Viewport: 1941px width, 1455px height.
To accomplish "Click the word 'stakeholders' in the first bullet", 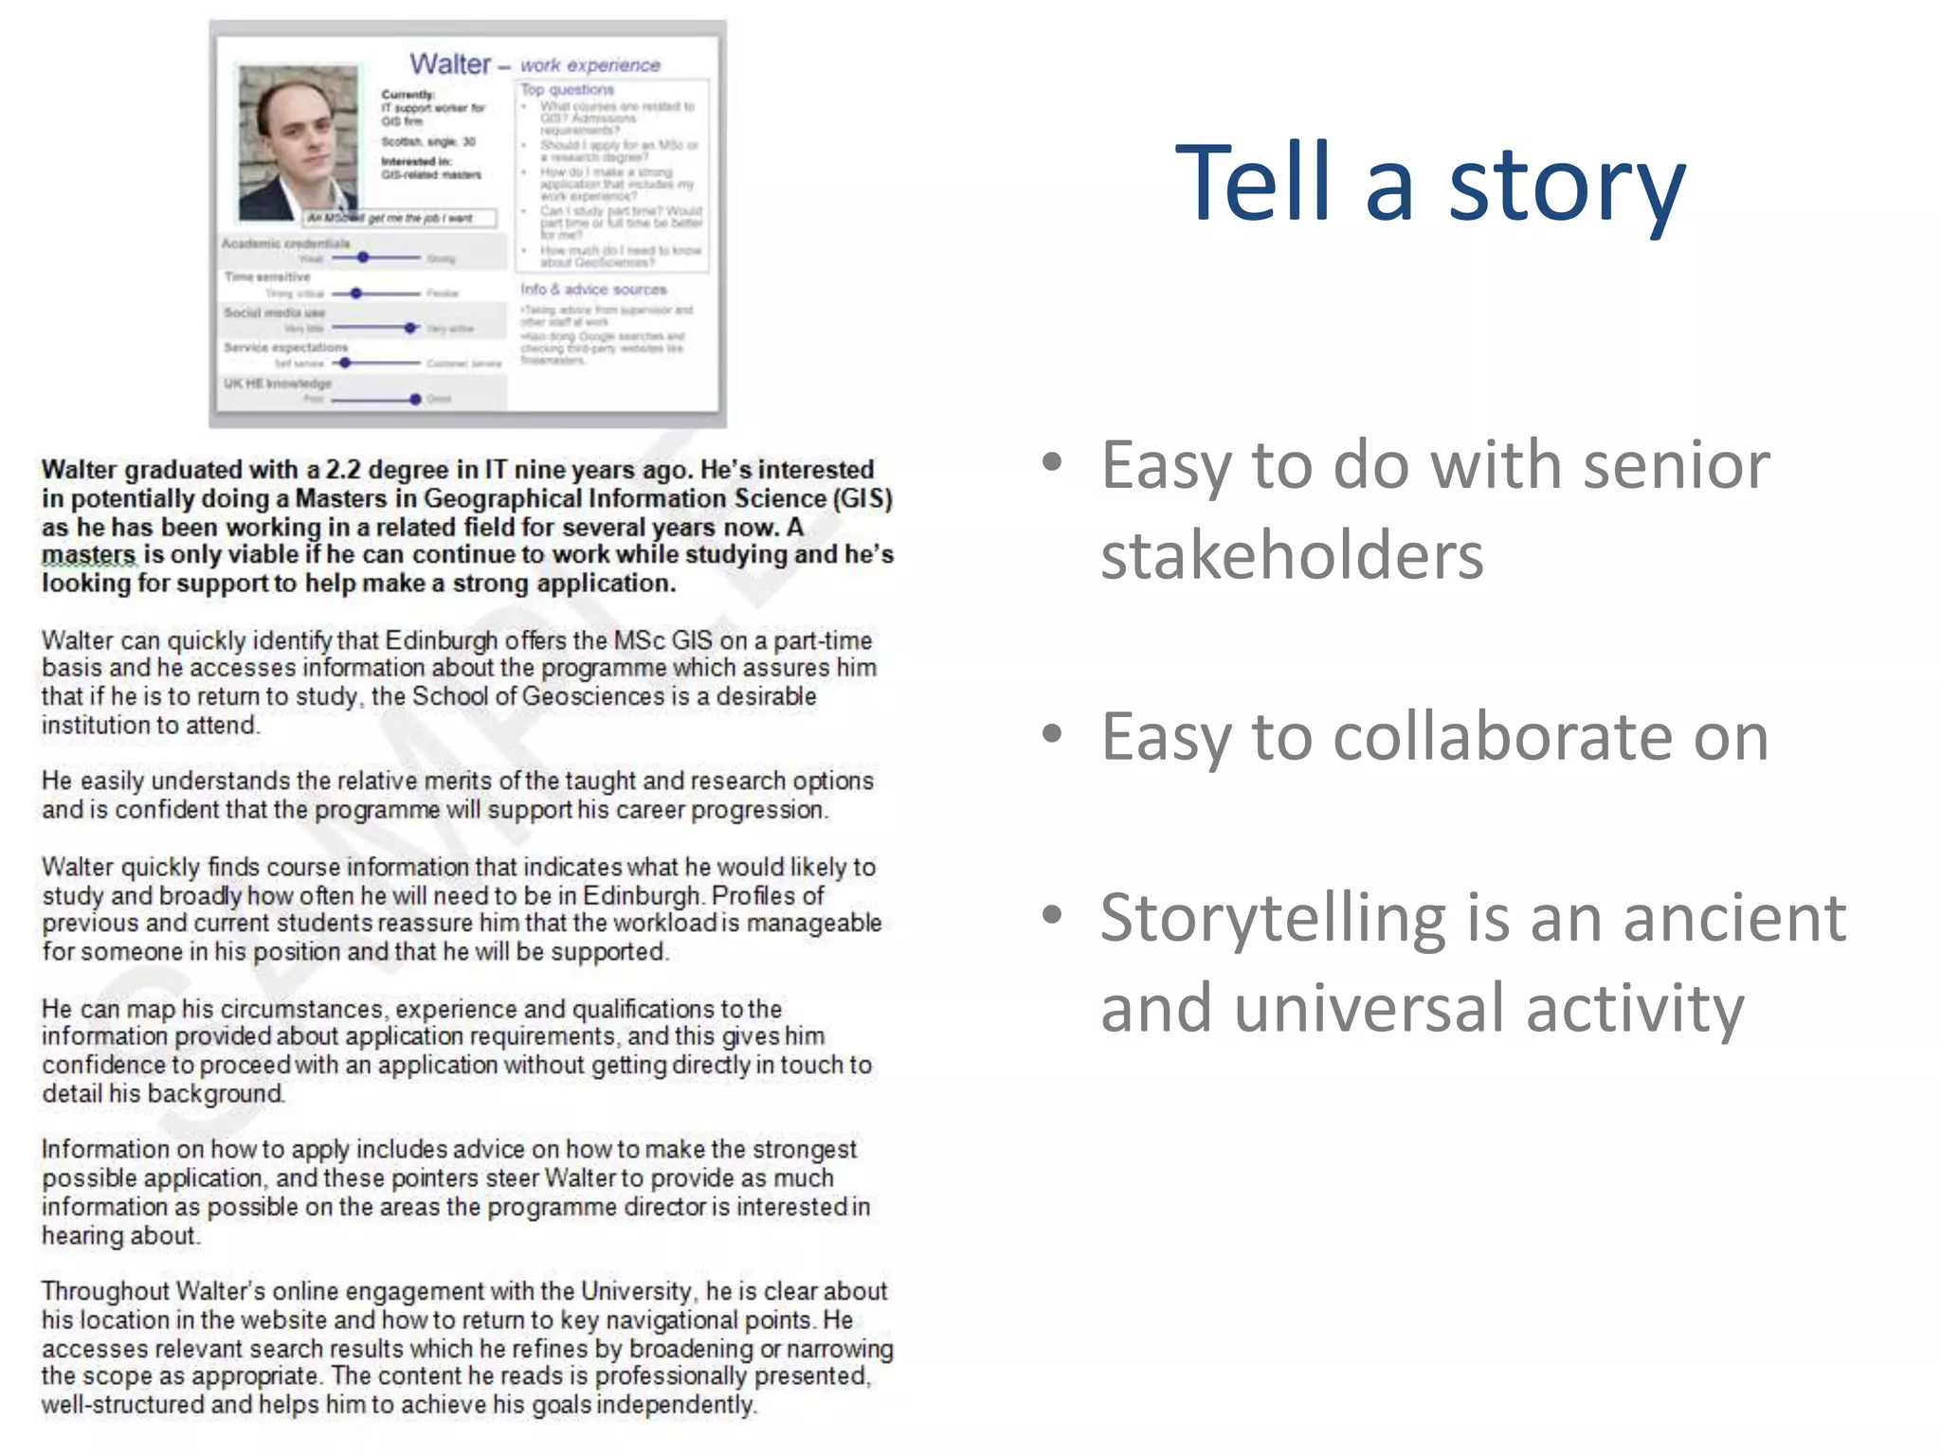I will [x=1291, y=555].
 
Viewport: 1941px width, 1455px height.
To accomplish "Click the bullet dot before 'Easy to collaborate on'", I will [x=1051, y=734].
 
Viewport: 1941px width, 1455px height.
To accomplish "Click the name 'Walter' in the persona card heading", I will [x=450, y=64].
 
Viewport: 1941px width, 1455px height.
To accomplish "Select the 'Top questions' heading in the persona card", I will [x=567, y=90].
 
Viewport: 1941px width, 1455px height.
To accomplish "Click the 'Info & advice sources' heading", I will [x=593, y=289].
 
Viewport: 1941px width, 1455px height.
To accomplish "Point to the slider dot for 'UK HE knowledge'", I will [x=415, y=399].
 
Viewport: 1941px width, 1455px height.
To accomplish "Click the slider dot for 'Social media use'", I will [x=409, y=328].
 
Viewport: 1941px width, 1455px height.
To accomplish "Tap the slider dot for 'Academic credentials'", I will [x=363, y=258].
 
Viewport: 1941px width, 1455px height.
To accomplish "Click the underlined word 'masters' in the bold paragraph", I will [x=88, y=555].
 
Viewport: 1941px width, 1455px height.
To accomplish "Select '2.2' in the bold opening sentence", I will [x=342, y=470].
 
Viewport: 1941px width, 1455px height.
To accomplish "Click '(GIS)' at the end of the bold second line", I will [x=862, y=498].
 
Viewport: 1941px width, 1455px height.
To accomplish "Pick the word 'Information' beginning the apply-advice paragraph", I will [x=104, y=1149].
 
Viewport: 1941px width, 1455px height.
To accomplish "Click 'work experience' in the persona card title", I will [x=590, y=65].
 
